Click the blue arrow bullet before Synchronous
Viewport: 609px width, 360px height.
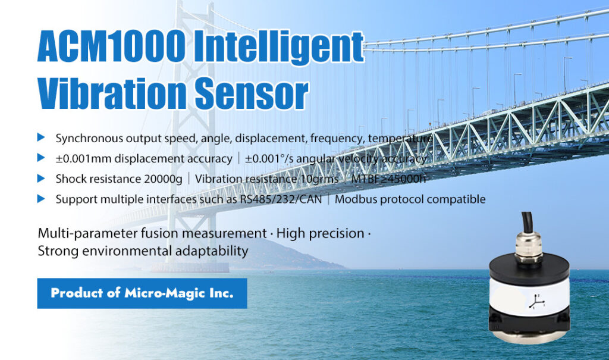(x=41, y=137)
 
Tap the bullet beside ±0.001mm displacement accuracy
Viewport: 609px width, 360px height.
(x=41, y=158)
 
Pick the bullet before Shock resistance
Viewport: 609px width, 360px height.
(x=41, y=179)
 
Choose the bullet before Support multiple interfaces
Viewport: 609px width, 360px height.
(x=41, y=199)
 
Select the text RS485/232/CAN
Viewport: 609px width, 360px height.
(x=281, y=199)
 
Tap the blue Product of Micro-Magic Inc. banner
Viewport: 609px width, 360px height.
(x=142, y=293)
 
